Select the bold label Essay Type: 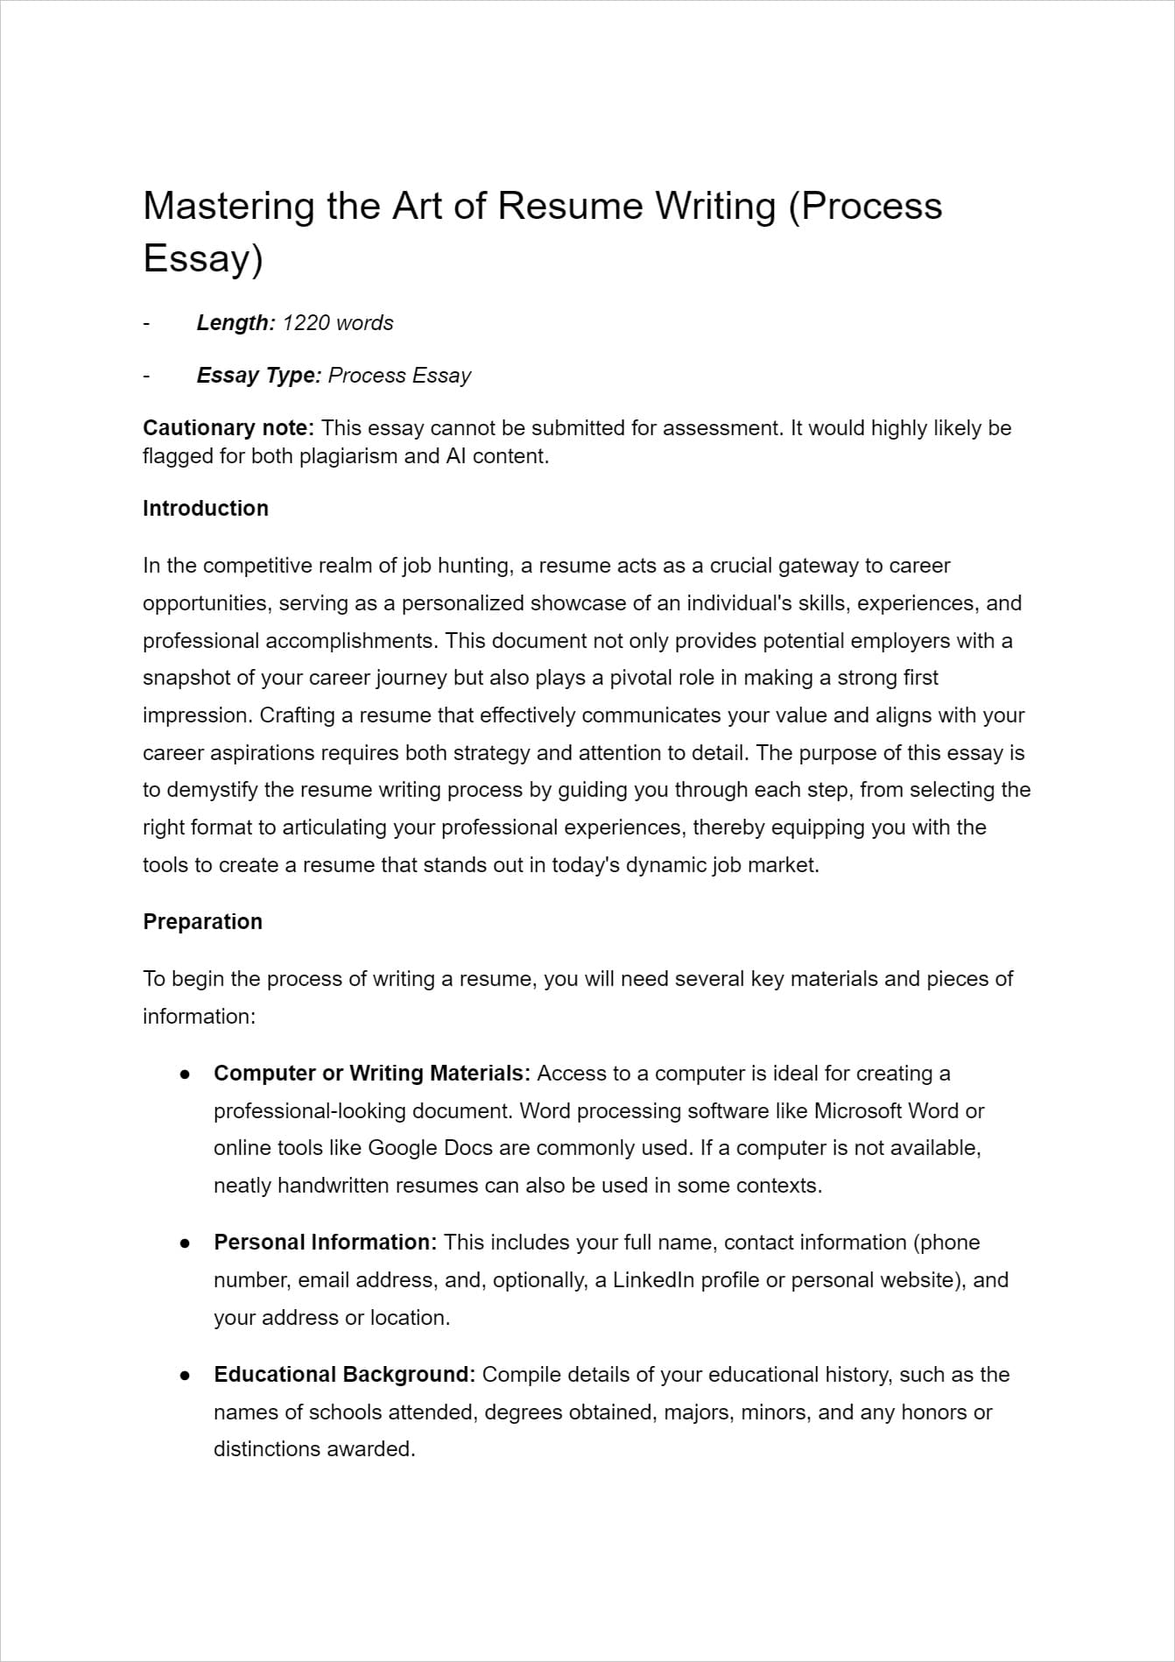point(259,376)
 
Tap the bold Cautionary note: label point(228,428)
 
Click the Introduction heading point(206,509)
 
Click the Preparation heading point(202,922)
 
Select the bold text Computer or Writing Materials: point(371,1074)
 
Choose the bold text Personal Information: point(325,1243)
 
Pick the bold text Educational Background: point(344,1375)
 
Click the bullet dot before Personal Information point(185,1243)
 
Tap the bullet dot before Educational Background point(185,1375)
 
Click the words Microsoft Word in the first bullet point(887,1111)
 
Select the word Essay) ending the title point(202,259)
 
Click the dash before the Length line point(146,323)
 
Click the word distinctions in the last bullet point(267,1449)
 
